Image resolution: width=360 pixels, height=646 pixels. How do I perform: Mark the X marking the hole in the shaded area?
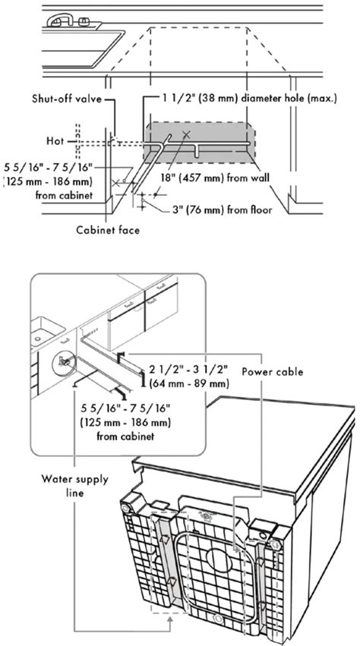point(186,136)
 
